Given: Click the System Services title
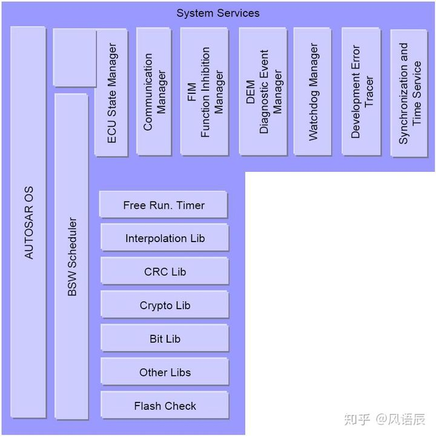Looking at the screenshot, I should (x=218, y=13).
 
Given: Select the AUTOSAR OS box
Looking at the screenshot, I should (x=28, y=222).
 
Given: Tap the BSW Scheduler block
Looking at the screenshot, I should (x=71, y=257).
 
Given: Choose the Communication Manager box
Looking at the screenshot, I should (x=154, y=91).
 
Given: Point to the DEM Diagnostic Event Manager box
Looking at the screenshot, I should (x=263, y=91).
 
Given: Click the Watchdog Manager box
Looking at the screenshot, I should (x=312, y=91).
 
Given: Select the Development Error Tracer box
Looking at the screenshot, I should (x=362, y=91).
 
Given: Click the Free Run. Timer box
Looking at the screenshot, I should (x=163, y=205).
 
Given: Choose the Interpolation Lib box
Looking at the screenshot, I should (x=165, y=238).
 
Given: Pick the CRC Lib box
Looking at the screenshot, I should (x=165, y=272).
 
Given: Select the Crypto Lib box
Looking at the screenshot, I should (x=165, y=306).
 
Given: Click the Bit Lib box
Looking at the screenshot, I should (x=165, y=339).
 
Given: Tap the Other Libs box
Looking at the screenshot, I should (x=165, y=372).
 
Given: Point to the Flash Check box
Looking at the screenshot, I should (x=165, y=406).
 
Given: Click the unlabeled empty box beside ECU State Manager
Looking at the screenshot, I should (x=74, y=57).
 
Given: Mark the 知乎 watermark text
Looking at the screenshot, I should (x=357, y=419).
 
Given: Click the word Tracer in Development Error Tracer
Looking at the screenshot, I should (x=369, y=92).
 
